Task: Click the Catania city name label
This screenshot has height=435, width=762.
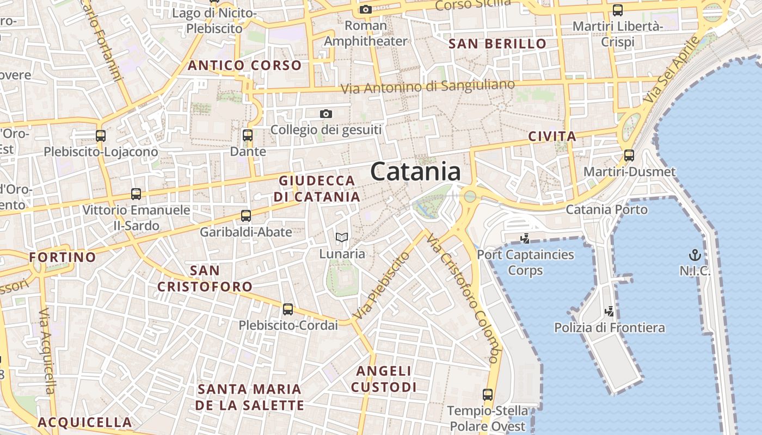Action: (415, 172)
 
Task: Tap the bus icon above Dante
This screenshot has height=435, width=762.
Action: (248, 135)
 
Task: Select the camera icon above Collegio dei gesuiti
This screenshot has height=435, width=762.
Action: (326, 114)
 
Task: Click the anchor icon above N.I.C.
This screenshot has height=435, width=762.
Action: (695, 254)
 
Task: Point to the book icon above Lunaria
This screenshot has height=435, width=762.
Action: (342, 237)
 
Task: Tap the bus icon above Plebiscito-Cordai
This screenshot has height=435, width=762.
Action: (288, 309)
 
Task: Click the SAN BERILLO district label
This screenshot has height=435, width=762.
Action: (497, 44)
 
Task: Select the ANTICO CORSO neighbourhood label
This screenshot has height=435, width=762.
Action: (244, 66)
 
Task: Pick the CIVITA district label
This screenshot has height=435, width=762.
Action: (552, 136)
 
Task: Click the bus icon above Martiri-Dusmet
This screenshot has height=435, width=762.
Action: (629, 156)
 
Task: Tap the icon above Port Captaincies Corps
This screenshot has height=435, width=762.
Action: (525, 238)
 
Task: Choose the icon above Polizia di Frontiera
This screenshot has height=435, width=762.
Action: (610, 312)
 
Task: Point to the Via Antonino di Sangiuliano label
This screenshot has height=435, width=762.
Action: (427, 86)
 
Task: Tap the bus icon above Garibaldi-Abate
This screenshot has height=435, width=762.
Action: (246, 216)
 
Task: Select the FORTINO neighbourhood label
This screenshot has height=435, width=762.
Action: (63, 257)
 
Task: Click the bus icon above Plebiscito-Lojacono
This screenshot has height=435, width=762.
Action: (101, 136)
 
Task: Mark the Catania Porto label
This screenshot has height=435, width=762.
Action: (607, 210)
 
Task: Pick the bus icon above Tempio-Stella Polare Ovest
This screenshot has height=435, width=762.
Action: (488, 395)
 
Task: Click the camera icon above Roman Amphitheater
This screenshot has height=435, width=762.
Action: (366, 9)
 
